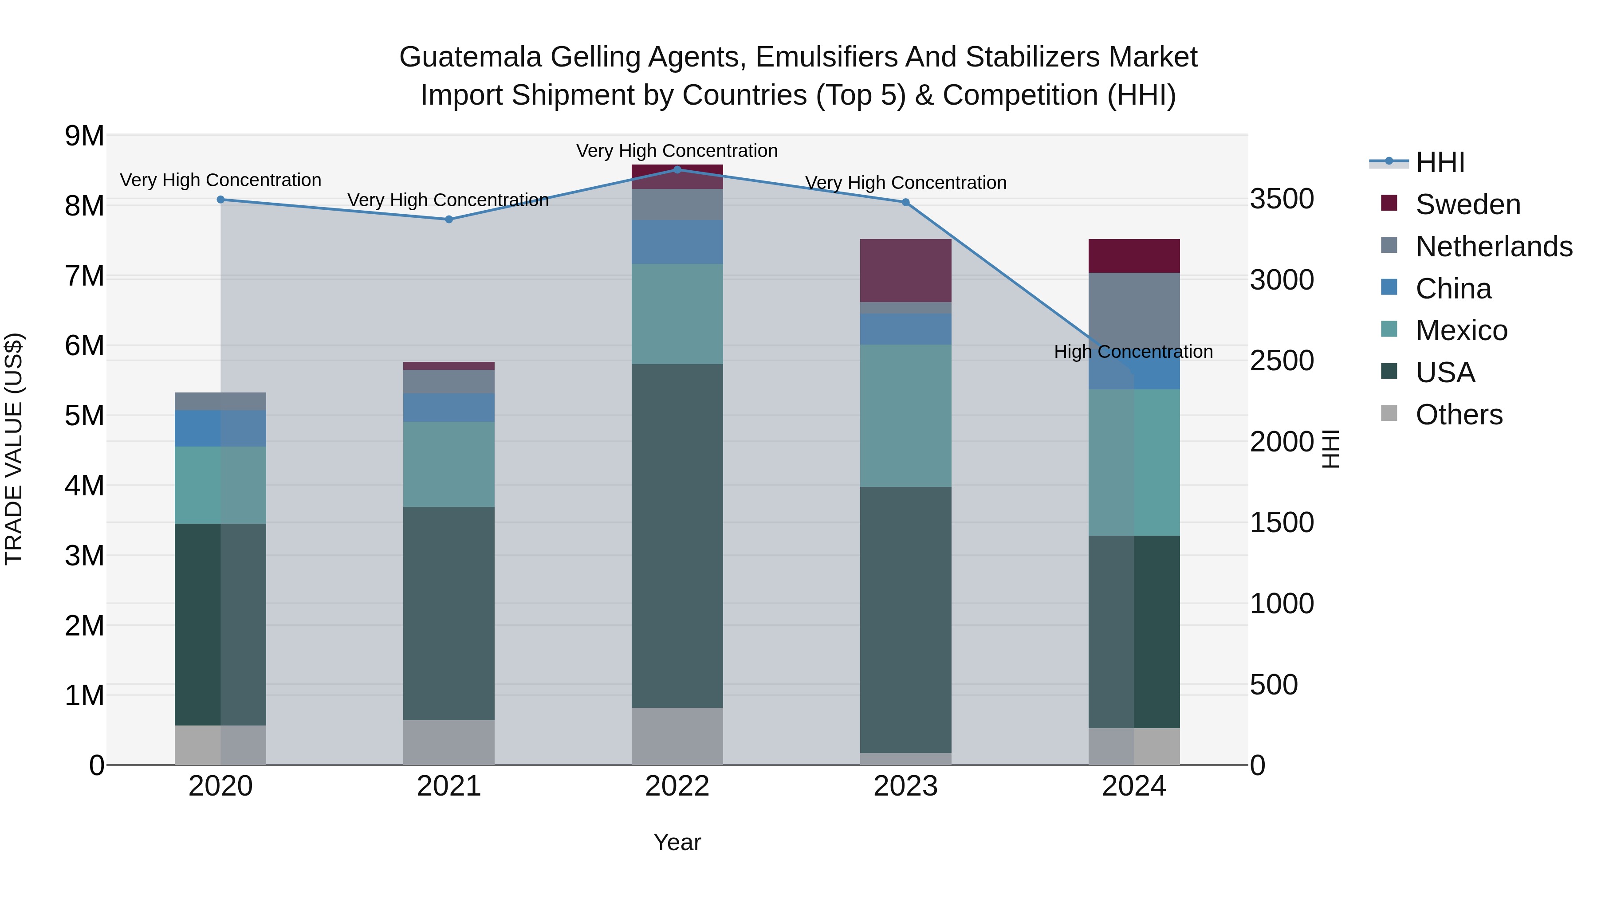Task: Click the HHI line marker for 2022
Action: click(x=677, y=169)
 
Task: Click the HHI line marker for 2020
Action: click(x=221, y=200)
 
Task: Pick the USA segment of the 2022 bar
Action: click(x=677, y=536)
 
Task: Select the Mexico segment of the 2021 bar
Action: click(x=449, y=465)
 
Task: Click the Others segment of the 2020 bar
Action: click(x=221, y=745)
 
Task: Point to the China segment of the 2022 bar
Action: click(x=677, y=242)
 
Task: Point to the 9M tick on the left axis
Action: click(x=84, y=136)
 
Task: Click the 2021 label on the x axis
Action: click(x=449, y=786)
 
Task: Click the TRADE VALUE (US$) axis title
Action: click(x=14, y=449)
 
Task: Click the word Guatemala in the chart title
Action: click(x=471, y=57)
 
